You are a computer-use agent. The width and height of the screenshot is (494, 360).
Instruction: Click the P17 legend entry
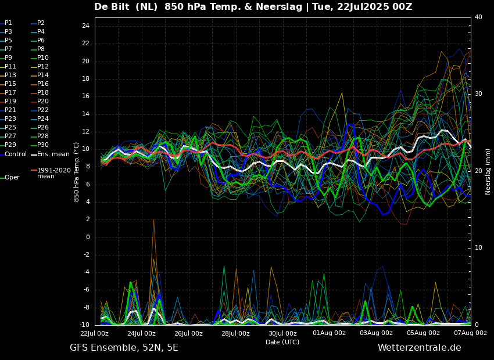(x=8, y=92)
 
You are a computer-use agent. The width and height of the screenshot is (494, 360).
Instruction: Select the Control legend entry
(x=13, y=154)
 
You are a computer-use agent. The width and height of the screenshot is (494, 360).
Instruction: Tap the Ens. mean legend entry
(x=50, y=154)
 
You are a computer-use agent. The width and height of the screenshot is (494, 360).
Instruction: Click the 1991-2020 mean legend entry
(x=51, y=173)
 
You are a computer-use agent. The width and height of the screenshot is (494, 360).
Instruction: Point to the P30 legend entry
(x=40, y=145)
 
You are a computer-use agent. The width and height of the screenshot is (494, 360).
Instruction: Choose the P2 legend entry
(x=38, y=23)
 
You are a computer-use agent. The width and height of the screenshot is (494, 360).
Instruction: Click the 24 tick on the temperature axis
(x=85, y=26)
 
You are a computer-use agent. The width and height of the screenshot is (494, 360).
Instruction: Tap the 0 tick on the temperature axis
(x=88, y=237)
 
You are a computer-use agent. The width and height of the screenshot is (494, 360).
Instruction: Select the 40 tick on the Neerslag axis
(x=478, y=17)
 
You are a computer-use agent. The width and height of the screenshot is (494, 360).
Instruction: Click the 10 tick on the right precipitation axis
(x=478, y=248)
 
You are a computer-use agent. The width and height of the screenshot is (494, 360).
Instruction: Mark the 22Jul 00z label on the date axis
(x=95, y=333)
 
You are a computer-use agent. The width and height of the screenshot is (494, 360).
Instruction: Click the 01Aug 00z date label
(x=329, y=333)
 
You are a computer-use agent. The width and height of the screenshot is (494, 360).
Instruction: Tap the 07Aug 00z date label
(x=471, y=333)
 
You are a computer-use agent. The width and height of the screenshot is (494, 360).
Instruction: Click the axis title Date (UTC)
(x=282, y=342)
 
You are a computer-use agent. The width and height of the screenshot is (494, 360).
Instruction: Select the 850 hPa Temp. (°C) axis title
(x=77, y=172)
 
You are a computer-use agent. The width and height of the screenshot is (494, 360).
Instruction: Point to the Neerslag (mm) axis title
(x=488, y=172)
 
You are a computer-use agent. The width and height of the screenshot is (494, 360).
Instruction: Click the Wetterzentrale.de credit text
(x=420, y=348)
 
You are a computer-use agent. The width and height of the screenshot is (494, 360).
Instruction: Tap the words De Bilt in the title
(x=112, y=6)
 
